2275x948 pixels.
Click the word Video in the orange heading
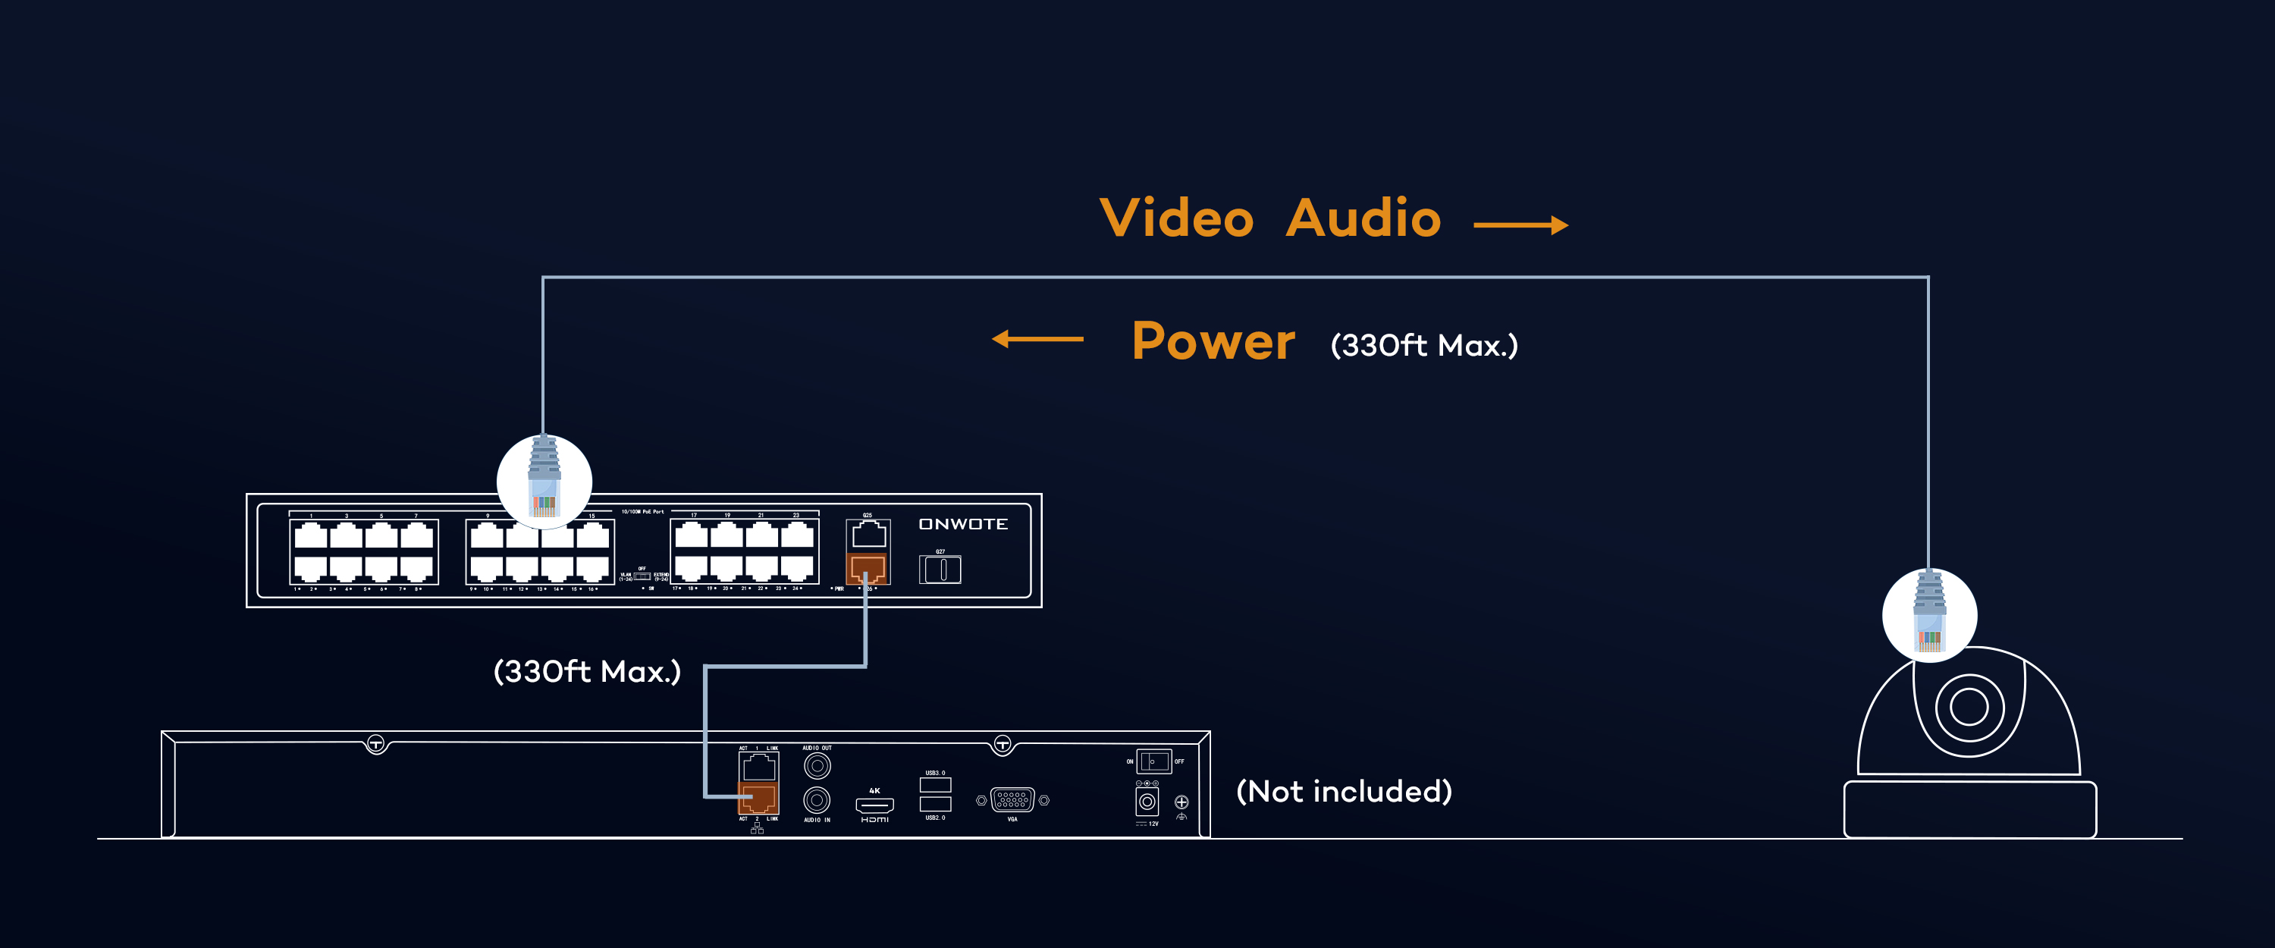(1176, 218)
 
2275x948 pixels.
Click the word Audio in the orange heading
(1363, 218)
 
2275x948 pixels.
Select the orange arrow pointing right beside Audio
(1520, 225)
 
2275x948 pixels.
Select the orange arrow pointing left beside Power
(1037, 338)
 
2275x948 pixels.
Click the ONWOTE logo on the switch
(962, 524)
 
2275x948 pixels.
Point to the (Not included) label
(1343, 791)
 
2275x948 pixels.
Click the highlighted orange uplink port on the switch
(868, 568)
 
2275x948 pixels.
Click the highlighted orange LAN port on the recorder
(758, 798)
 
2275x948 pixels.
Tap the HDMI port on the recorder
(874, 804)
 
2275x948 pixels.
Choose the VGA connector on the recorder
(1012, 800)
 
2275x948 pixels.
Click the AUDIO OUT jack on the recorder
(817, 765)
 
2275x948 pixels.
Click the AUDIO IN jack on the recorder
(817, 800)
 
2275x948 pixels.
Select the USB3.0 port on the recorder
(935, 784)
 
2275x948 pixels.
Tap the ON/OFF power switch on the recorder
(1153, 761)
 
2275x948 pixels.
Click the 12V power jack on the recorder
(1147, 802)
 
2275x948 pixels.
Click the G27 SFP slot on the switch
(940, 569)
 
